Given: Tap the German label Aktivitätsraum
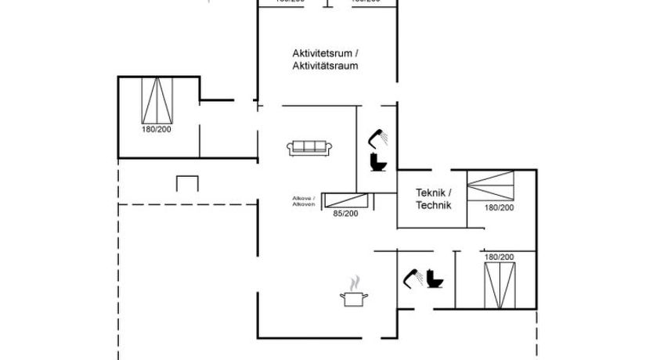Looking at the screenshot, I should point(325,66).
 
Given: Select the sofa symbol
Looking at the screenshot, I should point(310,146).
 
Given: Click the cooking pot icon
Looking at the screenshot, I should point(354,298).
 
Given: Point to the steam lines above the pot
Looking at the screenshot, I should point(355,282).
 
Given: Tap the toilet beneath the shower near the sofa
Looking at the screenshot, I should point(378,162).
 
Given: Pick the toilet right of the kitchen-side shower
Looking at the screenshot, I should point(435,279).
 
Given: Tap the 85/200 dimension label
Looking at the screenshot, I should point(345,214).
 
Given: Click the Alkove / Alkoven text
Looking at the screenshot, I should point(304,201).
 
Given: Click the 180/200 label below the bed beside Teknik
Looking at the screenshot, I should point(499,207).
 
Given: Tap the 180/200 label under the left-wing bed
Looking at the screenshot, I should point(157,129).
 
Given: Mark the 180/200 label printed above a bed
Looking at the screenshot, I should point(499,257).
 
